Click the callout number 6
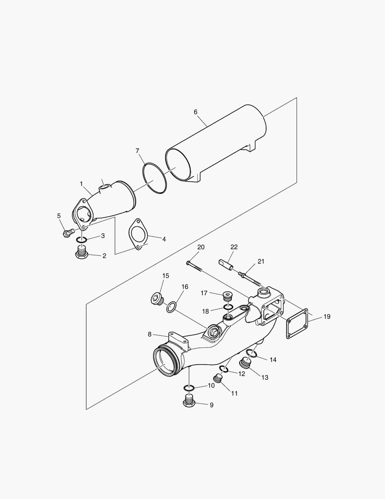[x=195, y=112]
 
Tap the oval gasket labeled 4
[x=137, y=235]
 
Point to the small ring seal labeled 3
[x=82, y=240]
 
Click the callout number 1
[x=81, y=184]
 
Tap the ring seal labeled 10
[x=189, y=387]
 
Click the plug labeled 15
[x=156, y=299]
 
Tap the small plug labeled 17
[x=227, y=296]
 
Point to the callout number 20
[x=201, y=247]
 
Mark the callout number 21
[x=261, y=262]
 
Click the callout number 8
[x=150, y=334]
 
